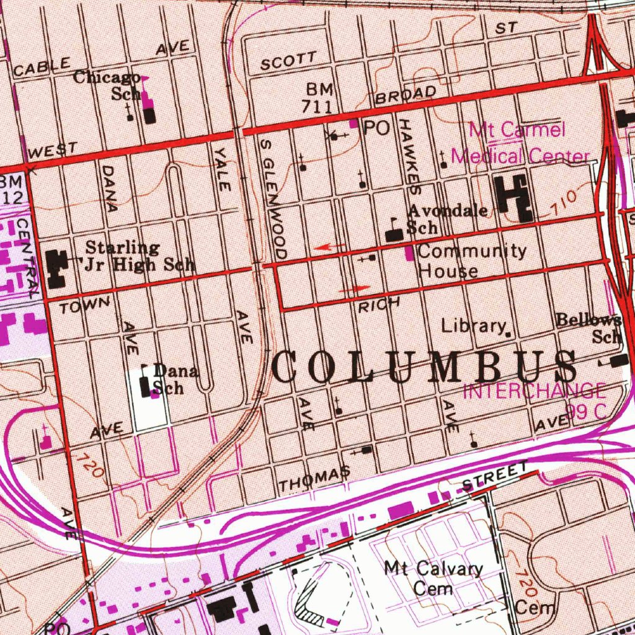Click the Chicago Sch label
[x=109, y=86]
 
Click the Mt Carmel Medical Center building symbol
[x=515, y=197]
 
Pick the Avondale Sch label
[x=446, y=218]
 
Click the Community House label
[x=471, y=260]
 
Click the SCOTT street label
[x=288, y=61]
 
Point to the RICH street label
[x=379, y=304]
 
